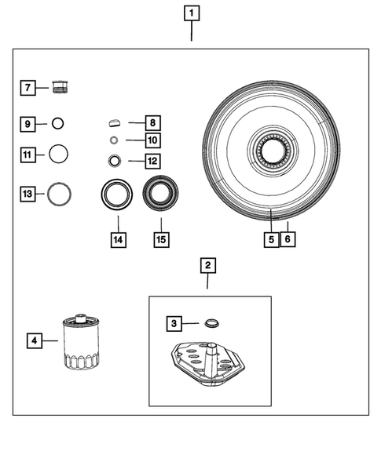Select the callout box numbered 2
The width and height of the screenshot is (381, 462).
tap(208, 267)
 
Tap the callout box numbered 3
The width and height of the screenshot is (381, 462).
tap(174, 322)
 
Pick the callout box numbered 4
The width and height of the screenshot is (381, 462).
tap(33, 340)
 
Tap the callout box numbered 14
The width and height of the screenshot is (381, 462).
tap(117, 240)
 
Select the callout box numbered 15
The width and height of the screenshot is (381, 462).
tap(159, 240)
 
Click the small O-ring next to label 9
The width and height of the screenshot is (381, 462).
tap(57, 123)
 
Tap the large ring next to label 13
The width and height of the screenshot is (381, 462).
tap(60, 192)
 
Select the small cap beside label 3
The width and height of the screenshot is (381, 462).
tap(210, 323)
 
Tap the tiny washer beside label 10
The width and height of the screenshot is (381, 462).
tap(115, 141)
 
